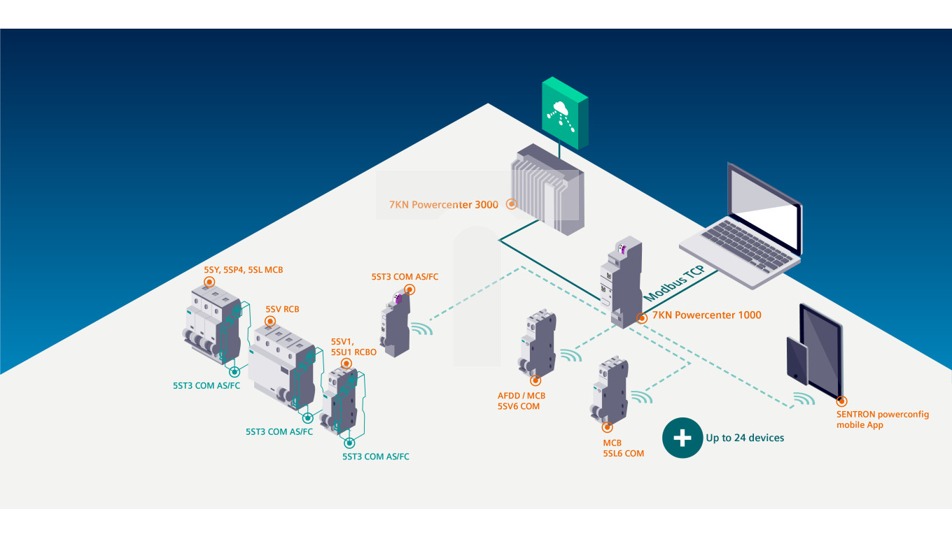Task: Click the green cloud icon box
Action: [564, 112]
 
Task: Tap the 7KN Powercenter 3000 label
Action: [444, 205]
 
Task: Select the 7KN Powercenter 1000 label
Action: [706, 315]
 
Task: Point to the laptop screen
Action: [765, 209]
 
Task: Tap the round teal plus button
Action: [682, 438]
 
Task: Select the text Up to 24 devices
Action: [745, 438]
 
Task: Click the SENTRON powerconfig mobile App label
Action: [883, 420]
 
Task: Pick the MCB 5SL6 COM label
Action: [623, 448]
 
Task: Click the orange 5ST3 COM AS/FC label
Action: [405, 277]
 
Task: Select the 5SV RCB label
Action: [282, 308]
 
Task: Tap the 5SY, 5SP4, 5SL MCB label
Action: [244, 270]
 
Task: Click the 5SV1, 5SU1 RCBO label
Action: [353, 348]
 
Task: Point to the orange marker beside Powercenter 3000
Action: [512, 205]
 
